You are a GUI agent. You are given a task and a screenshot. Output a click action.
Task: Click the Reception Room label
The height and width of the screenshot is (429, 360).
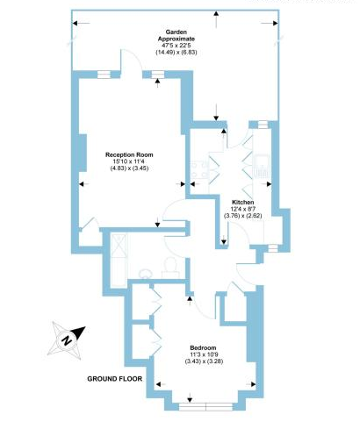click(129, 154)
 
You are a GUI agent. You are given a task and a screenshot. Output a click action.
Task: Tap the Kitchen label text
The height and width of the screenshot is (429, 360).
click(242, 202)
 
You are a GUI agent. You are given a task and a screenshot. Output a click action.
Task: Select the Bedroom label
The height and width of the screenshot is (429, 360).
click(203, 347)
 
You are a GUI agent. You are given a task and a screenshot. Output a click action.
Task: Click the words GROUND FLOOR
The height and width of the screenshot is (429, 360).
click(115, 379)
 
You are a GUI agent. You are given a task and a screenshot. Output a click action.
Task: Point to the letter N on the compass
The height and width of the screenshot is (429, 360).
click(67, 340)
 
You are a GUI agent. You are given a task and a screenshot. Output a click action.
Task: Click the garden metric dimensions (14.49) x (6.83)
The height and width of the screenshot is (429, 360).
click(176, 53)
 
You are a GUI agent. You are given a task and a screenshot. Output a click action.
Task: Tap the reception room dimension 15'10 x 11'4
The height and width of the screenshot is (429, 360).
click(129, 161)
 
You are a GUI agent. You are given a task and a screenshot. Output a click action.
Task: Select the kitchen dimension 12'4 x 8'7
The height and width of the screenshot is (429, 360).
click(242, 209)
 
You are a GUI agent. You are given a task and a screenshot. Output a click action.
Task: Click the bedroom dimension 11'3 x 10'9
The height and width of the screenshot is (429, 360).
click(204, 354)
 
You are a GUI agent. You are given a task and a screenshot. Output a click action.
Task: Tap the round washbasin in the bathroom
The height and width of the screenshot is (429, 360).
click(146, 274)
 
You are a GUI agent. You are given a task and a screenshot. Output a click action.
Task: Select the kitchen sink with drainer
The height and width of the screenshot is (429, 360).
click(262, 166)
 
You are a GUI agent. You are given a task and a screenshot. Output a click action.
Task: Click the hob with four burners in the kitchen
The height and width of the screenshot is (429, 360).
click(199, 169)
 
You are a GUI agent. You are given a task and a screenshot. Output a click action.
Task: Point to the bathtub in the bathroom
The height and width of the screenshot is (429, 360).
click(119, 260)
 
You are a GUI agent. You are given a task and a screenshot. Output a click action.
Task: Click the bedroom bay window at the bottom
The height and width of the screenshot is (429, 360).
click(206, 407)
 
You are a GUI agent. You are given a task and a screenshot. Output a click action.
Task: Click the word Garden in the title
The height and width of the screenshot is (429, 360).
click(176, 32)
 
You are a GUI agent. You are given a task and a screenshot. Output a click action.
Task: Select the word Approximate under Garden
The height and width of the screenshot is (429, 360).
click(176, 39)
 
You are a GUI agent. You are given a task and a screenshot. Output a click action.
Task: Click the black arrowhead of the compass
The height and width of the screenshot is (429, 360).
click(78, 332)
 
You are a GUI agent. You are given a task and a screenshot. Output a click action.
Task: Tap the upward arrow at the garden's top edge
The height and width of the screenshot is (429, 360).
click(216, 19)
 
